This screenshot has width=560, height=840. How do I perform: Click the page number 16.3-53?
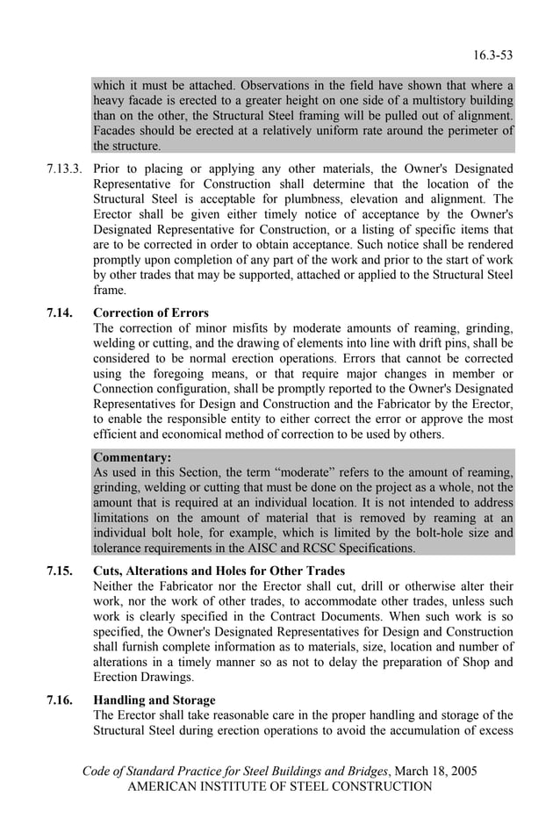[492, 55]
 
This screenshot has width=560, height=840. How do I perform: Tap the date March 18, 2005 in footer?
[435, 771]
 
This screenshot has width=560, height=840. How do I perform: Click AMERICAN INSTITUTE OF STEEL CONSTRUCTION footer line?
[280, 786]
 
